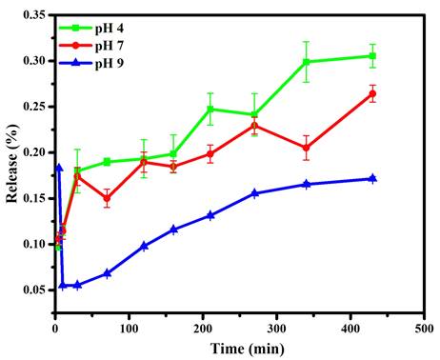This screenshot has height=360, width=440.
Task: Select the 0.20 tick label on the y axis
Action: [34, 152]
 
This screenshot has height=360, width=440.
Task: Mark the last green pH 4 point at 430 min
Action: [372, 56]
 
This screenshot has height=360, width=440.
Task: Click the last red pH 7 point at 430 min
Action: [372, 93]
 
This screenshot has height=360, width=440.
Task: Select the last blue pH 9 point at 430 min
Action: [372, 179]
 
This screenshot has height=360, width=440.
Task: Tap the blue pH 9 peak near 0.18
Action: [58, 168]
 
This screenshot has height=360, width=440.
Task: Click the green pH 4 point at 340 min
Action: [306, 62]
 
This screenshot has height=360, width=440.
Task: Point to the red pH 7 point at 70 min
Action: [107, 198]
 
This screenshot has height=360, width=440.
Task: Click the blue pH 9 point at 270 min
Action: [254, 193]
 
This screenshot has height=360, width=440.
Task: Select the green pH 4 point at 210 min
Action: [210, 109]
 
